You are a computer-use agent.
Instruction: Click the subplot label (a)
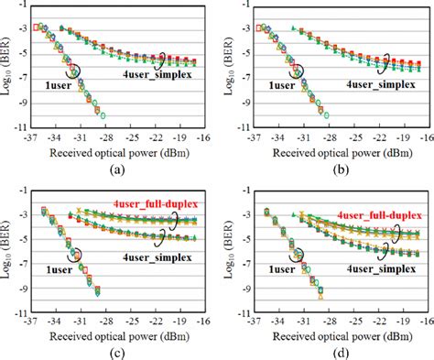tap(114, 170)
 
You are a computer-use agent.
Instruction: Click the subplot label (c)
tap(114, 352)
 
